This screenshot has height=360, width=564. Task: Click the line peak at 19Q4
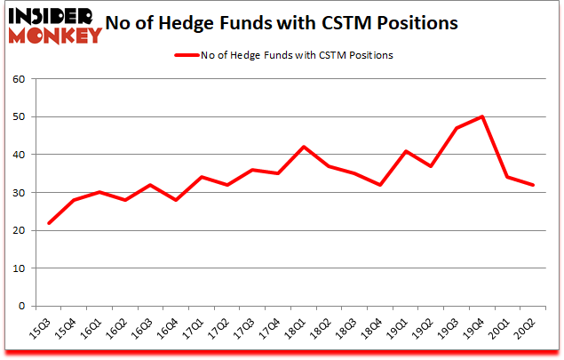(x=482, y=116)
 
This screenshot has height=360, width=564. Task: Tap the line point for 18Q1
(x=304, y=147)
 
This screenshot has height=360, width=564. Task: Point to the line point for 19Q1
(x=406, y=150)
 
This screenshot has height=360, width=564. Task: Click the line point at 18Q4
(x=380, y=185)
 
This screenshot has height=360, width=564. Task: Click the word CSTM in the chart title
(x=353, y=22)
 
